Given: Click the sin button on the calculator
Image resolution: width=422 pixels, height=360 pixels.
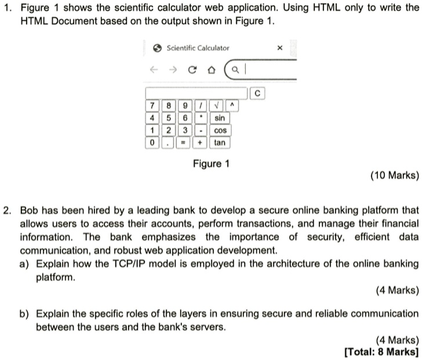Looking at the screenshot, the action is [220, 118].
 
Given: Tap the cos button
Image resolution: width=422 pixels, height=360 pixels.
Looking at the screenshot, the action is [220, 130].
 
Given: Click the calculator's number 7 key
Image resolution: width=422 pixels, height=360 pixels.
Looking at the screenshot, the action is [152, 106].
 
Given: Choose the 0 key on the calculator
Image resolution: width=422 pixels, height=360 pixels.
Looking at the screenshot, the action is [152, 142].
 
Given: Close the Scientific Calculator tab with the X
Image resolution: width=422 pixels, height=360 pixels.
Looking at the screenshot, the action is [280, 49].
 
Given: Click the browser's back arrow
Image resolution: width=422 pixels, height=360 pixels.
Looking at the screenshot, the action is [152, 71].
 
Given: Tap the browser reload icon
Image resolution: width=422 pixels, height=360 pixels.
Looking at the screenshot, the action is [191, 71].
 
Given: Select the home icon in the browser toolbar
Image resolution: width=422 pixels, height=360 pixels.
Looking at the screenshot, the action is [211, 71].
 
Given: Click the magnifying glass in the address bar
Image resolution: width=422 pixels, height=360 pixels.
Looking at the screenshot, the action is [234, 71].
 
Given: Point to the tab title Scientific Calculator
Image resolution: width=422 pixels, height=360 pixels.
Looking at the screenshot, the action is [198, 48].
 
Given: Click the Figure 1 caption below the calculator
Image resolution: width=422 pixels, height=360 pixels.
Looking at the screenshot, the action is [211, 163].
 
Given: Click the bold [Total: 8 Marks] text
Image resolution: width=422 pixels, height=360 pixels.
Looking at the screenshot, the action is [381, 351].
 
